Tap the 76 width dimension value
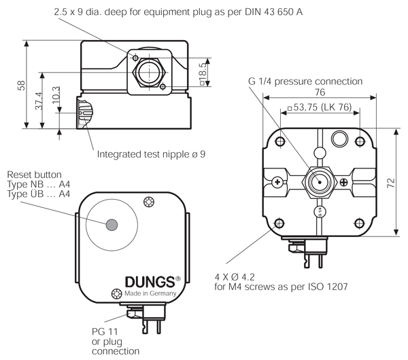point(320,92)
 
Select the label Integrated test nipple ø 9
point(150,154)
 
